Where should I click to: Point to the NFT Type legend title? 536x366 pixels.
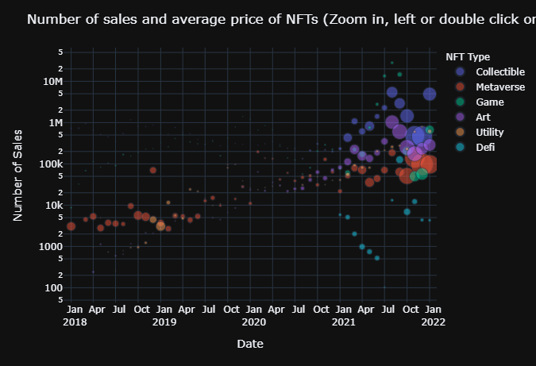click(x=468, y=57)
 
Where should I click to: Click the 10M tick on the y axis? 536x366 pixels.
click(x=52, y=81)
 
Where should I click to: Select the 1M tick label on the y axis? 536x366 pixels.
click(x=55, y=122)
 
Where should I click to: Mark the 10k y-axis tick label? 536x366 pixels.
click(x=54, y=205)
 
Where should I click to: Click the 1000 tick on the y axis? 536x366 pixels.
click(x=52, y=246)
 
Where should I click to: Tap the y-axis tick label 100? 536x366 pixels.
click(x=56, y=287)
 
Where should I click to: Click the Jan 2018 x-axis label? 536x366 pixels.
click(x=75, y=315)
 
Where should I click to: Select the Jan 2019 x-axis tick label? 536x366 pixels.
click(x=164, y=315)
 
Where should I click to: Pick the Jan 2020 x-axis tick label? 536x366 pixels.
click(x=254, y=315)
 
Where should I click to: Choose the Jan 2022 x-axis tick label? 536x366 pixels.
click(x=432, y=315)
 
